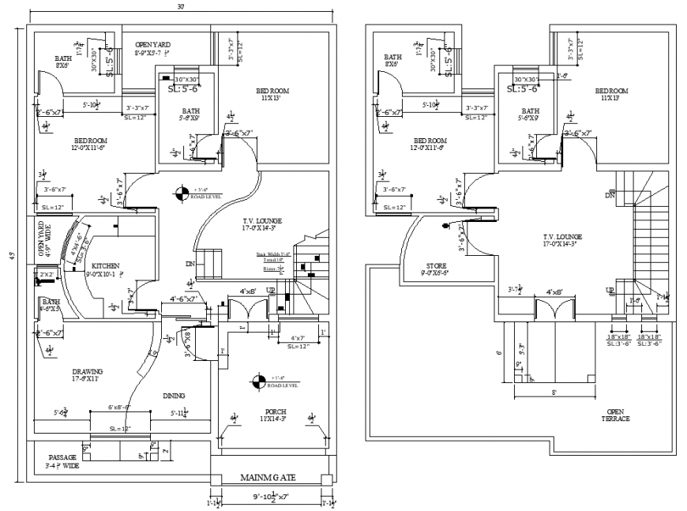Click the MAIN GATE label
[268, 478]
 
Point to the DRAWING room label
[88, 374]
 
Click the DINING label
[175, 396]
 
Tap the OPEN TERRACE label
[618, 415]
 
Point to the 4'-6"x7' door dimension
[187, 300]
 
